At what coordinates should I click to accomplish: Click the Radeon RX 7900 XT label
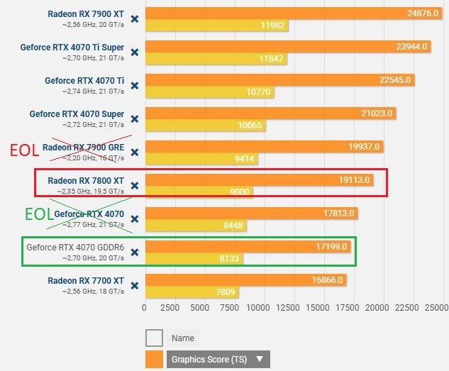(86, 13)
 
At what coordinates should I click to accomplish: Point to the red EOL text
(24, 150)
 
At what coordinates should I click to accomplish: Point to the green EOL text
(38, 214)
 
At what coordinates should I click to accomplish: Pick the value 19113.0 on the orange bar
(354, 180)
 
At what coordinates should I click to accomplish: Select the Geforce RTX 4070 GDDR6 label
(75, 248)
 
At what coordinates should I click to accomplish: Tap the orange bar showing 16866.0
(245, 280)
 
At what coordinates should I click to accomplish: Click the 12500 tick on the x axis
(285, 308)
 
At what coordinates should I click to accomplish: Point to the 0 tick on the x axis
(144, 308)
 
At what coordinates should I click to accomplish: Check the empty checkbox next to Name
(154, 338)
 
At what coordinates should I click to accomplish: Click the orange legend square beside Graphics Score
(154, 360)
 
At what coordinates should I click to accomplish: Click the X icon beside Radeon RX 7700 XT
(135, 285)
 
